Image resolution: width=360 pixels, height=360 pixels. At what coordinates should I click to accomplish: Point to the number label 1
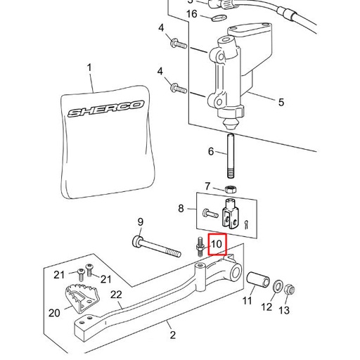click(89, 67)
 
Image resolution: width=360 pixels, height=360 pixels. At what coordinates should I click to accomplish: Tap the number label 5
click(281, 103)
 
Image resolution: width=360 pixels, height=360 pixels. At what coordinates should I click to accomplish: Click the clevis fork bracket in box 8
click(229, 210)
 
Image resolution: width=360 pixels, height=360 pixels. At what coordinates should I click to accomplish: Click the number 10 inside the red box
click(217, 244)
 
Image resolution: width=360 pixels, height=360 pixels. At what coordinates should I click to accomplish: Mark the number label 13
click(284, 310)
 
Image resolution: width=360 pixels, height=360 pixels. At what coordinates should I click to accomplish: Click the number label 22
click(116, 295)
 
